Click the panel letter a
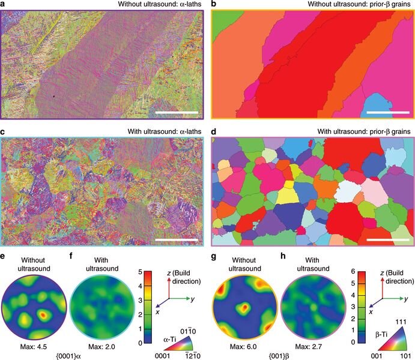point(4,4)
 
